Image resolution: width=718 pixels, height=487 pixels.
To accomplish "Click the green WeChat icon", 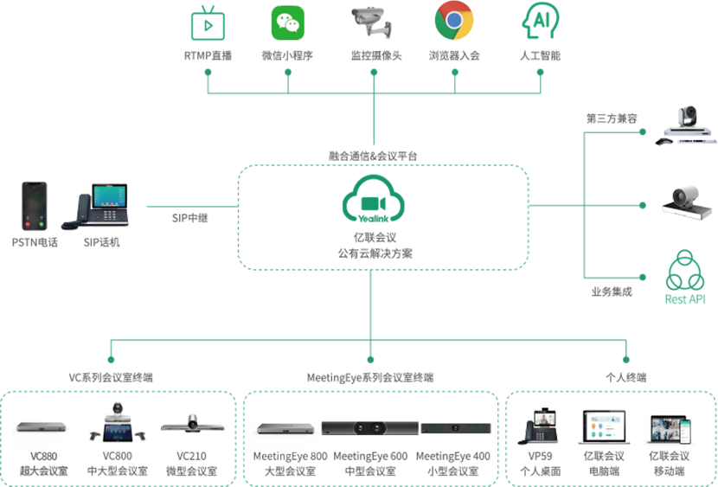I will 287,23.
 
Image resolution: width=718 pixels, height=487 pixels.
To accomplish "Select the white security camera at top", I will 370,21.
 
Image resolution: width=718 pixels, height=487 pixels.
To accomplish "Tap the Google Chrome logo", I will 453,22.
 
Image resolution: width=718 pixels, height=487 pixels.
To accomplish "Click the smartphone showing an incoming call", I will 35,205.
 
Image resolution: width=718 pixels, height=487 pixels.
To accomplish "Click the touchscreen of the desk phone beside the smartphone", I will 109,195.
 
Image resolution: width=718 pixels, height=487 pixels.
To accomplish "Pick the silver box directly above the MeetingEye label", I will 284,427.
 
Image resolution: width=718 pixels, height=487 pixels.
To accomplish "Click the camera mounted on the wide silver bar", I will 192,421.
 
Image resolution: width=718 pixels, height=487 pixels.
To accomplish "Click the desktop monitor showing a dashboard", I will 606,426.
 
